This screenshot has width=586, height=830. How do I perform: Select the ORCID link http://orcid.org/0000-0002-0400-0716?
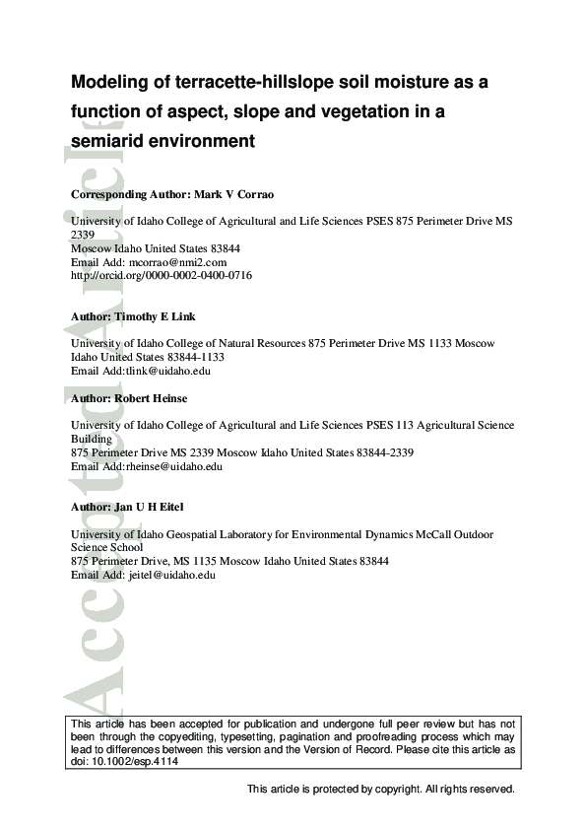coord(162,276)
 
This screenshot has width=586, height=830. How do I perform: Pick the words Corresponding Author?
coord(125,195)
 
